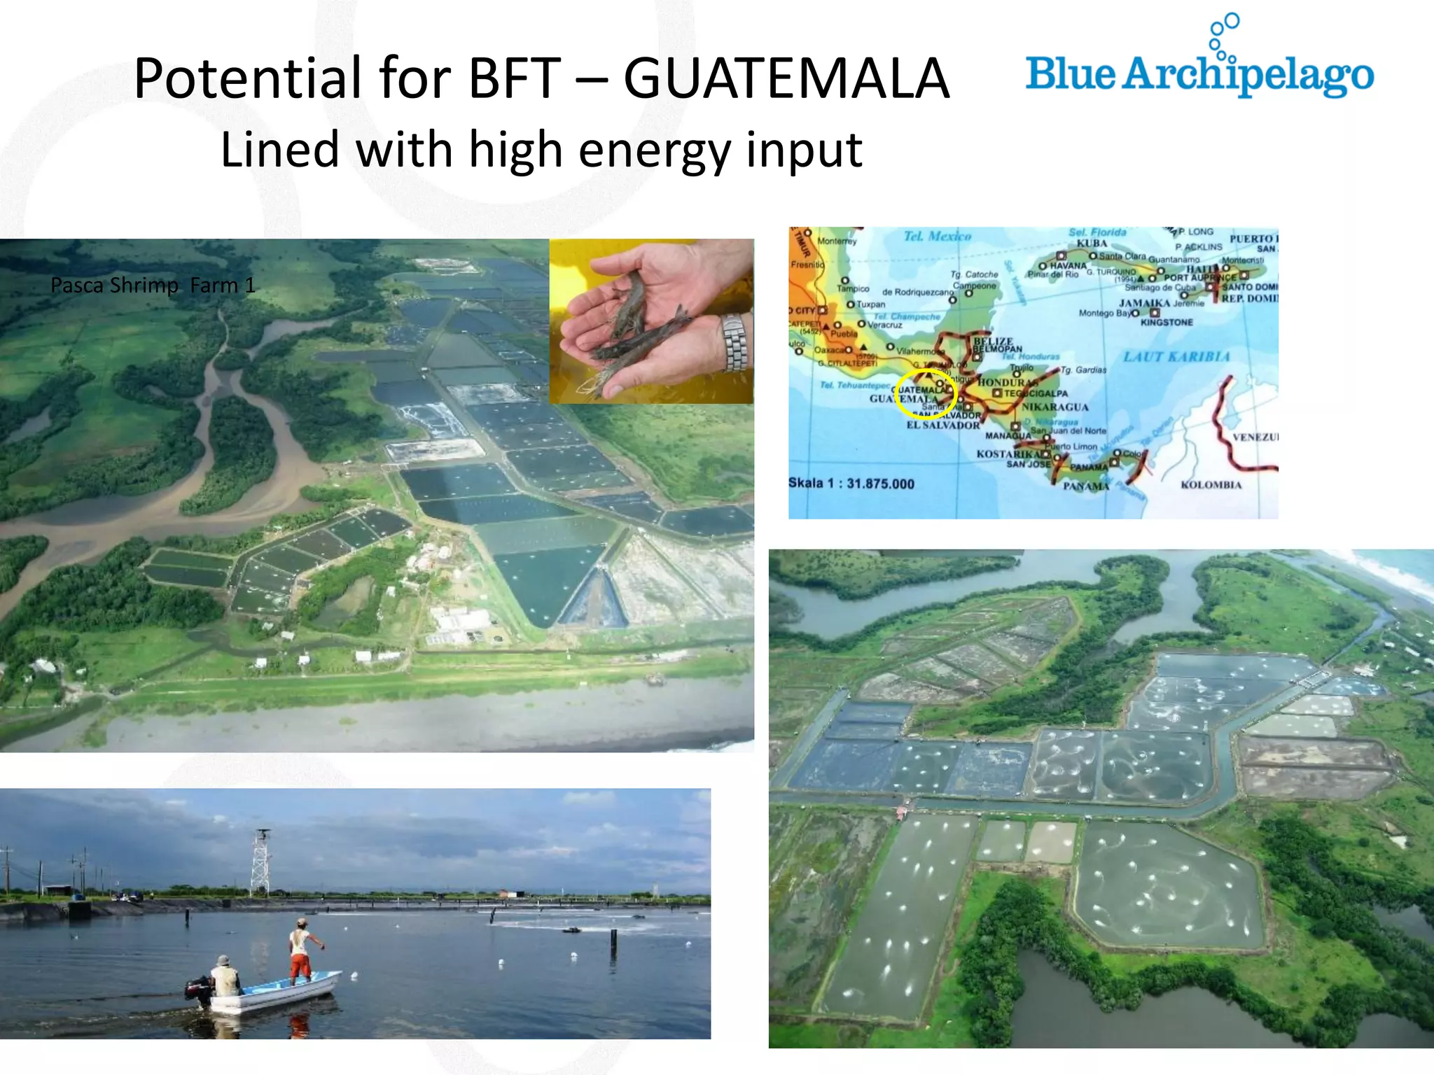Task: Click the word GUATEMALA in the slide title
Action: (x=786, y=78)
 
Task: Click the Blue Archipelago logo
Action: (x=1199, y=70)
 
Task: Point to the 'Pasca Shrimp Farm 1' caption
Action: (x=153, y=286)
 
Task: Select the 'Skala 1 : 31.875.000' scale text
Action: (x=851, y=484)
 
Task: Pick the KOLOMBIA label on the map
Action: (x=1211, y=485)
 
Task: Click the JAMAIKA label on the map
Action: (x=1144, y=303)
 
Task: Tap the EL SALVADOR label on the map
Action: (x=943, y=426)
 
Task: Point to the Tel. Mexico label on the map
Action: (x=937, y=237)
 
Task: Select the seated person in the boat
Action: (x=225, y=975)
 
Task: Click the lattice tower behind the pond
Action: (x=260, y=862)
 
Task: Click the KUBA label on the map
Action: (x=1092, y=244)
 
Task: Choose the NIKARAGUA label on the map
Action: (x=1054, y=407)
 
